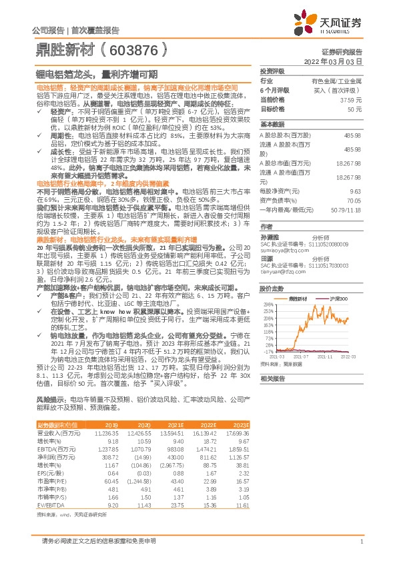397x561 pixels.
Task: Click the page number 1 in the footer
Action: point(361,542)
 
